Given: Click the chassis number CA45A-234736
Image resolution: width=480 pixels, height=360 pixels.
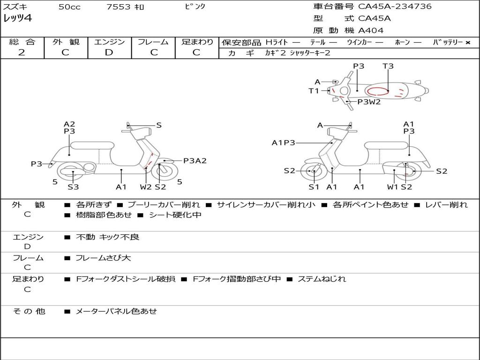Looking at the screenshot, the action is [x=395, y=7].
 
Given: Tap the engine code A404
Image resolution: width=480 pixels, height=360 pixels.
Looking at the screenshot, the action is [x=371, y=30].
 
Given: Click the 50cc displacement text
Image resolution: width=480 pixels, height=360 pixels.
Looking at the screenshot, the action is [x=69, y=7].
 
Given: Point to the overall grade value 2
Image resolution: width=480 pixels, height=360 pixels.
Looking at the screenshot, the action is [x=22, y=52].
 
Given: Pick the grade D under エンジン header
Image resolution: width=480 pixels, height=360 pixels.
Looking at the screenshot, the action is [x=109, y=52].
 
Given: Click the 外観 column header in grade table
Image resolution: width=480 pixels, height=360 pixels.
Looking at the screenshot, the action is [x=66, y=42].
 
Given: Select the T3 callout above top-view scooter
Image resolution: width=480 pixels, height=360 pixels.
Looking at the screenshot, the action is [x=388, y=66].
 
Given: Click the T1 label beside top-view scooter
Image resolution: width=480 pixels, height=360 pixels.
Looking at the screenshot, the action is [x=314, y=91].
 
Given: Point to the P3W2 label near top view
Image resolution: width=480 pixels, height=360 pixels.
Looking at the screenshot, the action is [x=369, y=102].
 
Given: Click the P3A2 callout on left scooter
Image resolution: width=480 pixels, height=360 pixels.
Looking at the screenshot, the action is [x=195, y=161].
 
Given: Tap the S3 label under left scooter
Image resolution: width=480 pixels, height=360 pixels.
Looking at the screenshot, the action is [x=73, y=187].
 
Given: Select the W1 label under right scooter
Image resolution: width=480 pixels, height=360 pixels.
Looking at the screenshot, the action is [x=392, y=187].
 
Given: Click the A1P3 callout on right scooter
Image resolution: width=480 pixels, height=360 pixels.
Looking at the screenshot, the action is [x=283, y=142].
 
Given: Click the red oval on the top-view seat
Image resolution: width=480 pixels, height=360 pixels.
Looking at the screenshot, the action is [x=378, y=91].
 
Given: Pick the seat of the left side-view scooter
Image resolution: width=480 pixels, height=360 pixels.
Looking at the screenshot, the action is [x=92, y=145].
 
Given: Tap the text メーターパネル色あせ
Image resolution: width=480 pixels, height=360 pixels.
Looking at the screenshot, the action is [x=116, y=311].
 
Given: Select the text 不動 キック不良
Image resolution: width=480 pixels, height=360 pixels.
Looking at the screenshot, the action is [x=108, y=237].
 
